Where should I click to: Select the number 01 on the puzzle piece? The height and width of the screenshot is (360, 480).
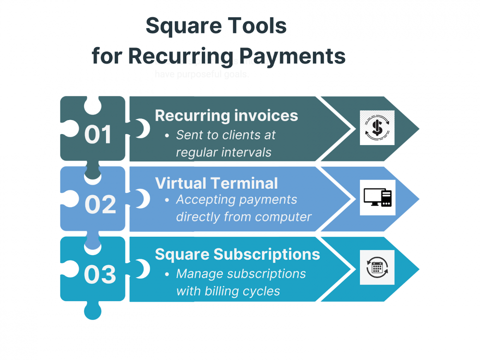[x=98, y=134]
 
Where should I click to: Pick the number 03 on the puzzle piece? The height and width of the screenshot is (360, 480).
[x=100, y=274]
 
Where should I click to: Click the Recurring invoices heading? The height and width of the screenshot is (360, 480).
[x=226, y=115]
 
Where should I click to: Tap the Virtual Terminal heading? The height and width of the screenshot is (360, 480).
[x=216, y=183]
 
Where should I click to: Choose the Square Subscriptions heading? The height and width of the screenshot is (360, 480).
[x=238, y=254]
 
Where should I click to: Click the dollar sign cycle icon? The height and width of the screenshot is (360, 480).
[x=377, y=128]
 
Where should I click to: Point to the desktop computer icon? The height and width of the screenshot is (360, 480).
[x=377, y=197]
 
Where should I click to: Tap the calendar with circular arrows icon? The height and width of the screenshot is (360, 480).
[x=377, y=267]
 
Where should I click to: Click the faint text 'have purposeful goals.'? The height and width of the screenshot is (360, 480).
[x=202, y=74]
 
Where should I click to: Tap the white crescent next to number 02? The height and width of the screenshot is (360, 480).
[x=143, y=199]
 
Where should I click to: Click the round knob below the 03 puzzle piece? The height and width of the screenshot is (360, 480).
[x=92, y=311]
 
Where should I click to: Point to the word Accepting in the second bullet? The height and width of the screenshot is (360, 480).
[x=202, y=199]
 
